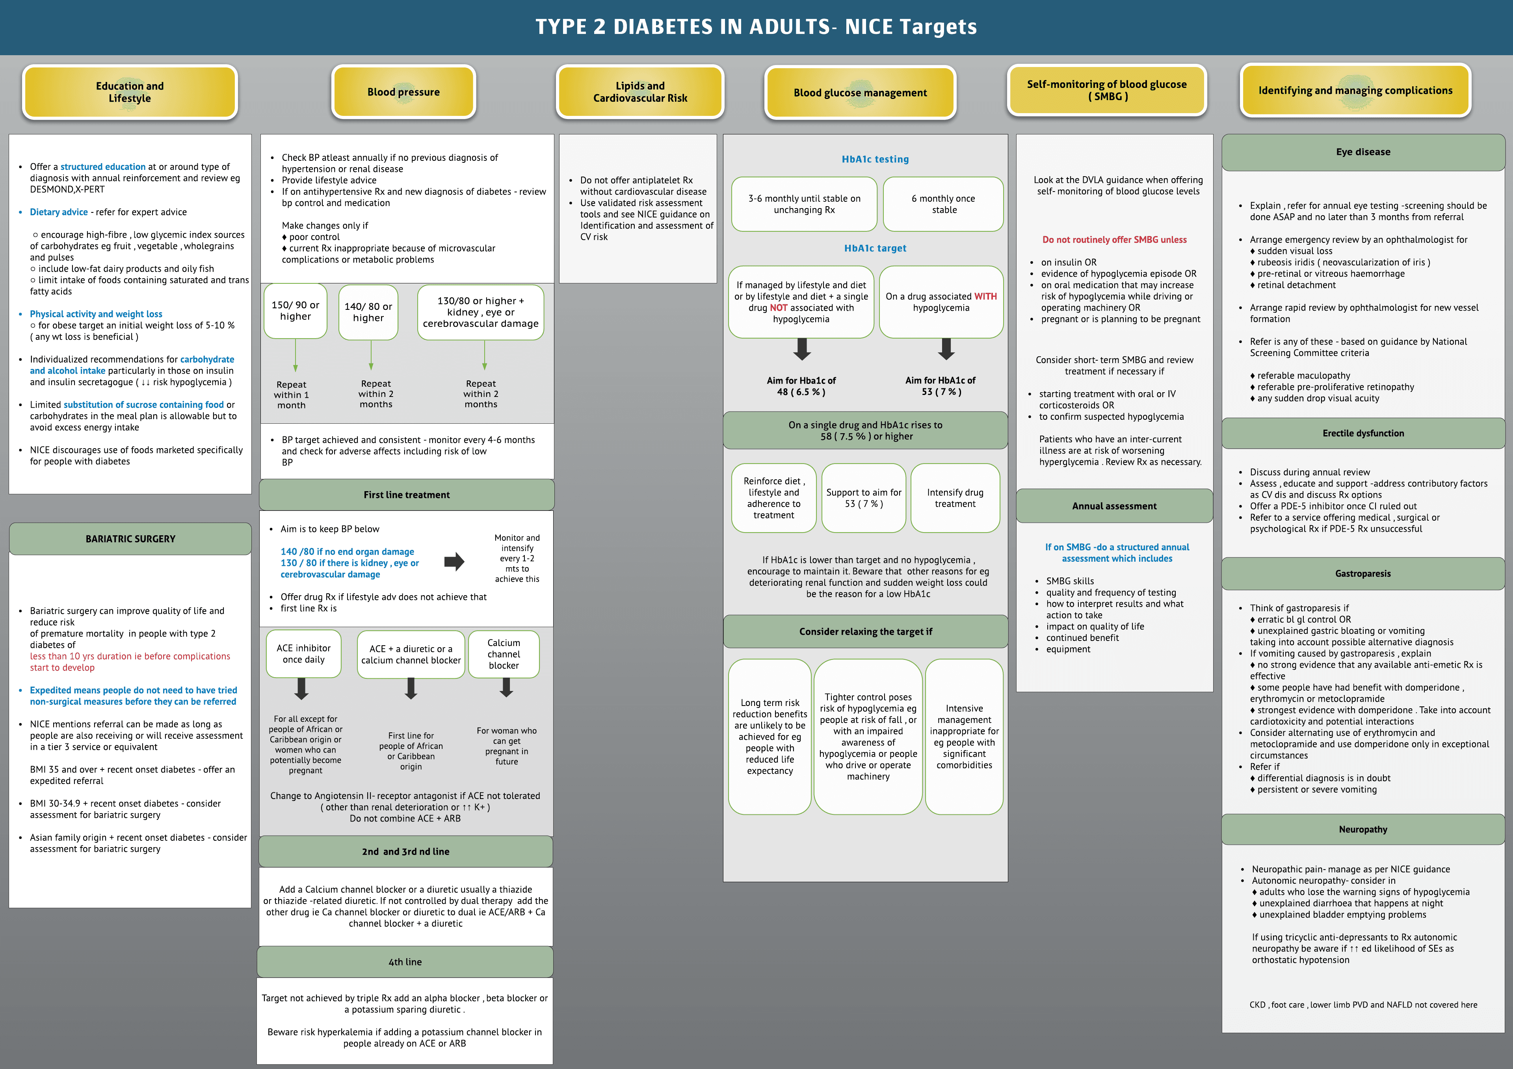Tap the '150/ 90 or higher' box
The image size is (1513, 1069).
[295, 311]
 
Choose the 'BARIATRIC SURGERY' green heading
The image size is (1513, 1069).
[130, 538]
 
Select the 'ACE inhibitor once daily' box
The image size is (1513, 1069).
[304, 654]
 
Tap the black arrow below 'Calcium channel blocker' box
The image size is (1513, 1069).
[506, 687]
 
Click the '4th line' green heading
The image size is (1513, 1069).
[405, 961]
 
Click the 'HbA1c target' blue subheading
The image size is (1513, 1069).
[875, 248]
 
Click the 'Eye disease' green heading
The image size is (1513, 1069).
[1363, 152]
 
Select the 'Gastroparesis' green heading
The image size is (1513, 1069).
[1363, 574]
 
